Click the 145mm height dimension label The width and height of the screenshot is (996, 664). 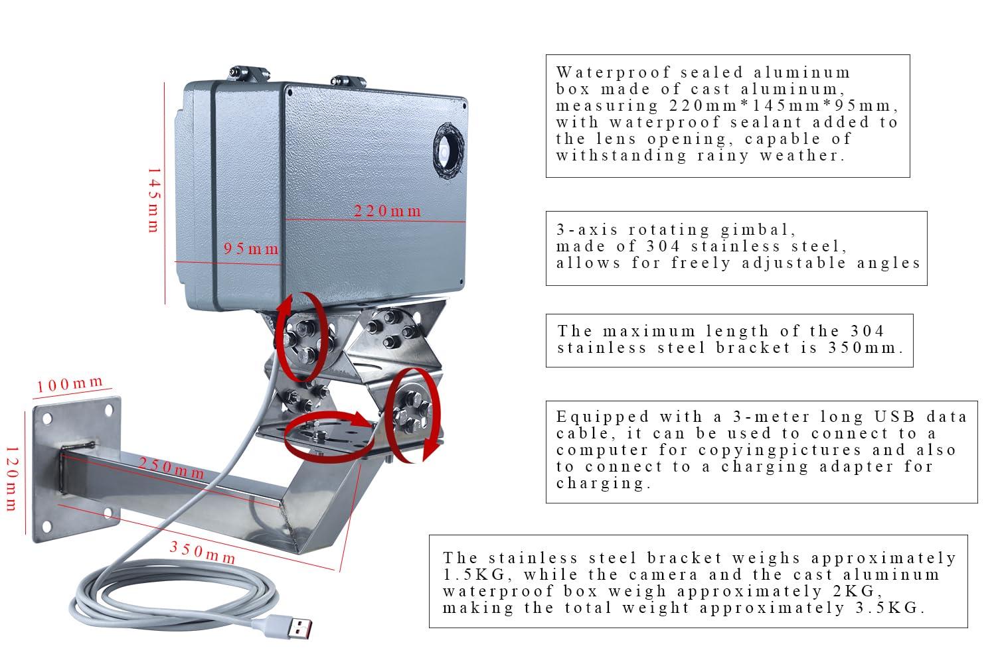tap(153, 200)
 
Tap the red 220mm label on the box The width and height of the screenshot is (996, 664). tap(388, 212)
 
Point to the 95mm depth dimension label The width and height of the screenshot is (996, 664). tap(251, 249)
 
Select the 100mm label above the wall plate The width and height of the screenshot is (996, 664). tap(70, 385)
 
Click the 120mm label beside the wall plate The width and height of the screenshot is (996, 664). tap(11, 478)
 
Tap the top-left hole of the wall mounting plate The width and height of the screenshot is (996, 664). tap(48, 417)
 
